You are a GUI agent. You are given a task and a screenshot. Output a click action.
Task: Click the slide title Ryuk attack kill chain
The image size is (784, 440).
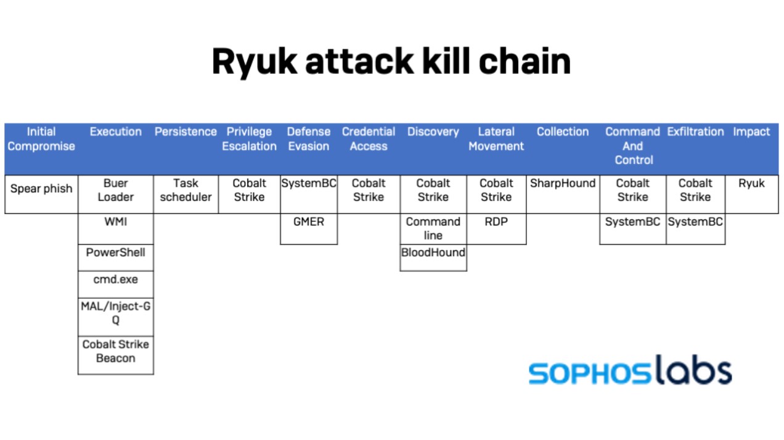tap(391, 61)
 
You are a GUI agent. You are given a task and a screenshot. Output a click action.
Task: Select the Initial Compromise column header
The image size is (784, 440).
tap(41, 139)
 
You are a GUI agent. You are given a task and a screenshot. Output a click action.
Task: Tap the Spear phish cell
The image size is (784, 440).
tap(41, 189)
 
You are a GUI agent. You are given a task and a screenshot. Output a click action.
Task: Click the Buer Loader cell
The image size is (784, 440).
tap(116, 190)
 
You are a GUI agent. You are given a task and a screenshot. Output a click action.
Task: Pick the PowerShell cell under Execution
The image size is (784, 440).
tap(116, 253)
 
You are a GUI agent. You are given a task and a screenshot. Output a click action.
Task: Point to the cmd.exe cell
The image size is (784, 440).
tap(116, 280)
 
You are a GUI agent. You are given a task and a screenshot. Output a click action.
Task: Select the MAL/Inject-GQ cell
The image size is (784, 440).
tap(116, 313)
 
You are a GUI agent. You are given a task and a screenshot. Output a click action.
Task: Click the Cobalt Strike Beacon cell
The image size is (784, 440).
tap(116, 351)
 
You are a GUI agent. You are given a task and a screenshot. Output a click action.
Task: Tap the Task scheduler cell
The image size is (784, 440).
tap(186, 190)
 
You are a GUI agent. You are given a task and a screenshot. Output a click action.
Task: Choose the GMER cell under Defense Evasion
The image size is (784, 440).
tap(309, 222)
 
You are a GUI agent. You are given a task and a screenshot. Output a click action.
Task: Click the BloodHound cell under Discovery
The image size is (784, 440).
tap(433, 253)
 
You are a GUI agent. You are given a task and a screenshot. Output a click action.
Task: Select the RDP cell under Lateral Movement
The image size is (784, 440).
tap(496, 222)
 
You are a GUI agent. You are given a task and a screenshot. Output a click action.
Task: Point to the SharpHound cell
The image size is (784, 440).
tap(563, 184)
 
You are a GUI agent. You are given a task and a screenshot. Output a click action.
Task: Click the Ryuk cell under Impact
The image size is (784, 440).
tap(751, 184)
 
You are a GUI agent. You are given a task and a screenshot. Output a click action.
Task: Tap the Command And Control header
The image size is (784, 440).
tap(633, 146)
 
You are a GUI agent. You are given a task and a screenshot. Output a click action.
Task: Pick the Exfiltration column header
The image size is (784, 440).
tap(695, 132)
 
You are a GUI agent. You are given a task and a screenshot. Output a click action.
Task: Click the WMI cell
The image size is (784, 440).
tap(116, 222)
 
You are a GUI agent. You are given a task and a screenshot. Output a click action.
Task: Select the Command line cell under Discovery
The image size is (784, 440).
tap(433, 229)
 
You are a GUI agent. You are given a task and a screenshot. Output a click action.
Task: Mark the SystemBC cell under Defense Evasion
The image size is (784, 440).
tap(309, 184)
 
